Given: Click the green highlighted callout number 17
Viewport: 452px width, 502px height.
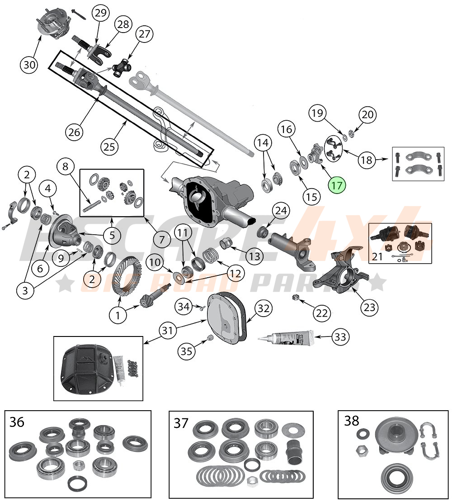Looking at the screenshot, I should [336, 185].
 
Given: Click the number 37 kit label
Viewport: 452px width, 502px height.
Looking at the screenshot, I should [181, 423].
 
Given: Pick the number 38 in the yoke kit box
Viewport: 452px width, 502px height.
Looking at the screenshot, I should [351, 421].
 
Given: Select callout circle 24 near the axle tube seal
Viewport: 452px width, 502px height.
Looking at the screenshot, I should [280, 212].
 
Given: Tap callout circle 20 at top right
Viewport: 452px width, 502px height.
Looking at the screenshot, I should [368, 115].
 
